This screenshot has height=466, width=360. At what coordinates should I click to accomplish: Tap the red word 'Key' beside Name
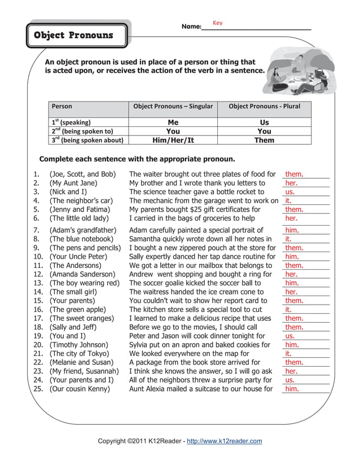coord(218,23)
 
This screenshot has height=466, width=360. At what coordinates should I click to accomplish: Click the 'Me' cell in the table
coord(173,122)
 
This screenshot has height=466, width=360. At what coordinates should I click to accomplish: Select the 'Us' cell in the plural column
coord(265,122)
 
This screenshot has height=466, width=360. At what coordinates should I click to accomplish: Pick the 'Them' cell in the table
coord(265,140)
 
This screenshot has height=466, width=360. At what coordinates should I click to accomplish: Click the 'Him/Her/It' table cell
coord(173,140)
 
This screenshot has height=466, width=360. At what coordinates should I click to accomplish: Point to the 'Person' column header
coord(62,106)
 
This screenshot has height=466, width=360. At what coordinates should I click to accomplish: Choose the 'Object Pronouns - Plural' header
coord(265,106)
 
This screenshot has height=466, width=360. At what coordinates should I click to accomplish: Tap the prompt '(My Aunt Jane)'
coord(73,183)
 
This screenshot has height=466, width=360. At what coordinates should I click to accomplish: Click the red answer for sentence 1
coord(294,175)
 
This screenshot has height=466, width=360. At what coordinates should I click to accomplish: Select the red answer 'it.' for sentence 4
coord(288,201)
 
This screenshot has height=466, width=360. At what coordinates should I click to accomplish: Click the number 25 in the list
coord(38,389)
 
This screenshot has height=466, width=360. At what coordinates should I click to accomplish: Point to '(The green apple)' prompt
coord(77,310)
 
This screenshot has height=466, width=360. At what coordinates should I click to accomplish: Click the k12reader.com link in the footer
coord(224,441)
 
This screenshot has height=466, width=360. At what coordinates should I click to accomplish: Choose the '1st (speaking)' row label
coord(71,122)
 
